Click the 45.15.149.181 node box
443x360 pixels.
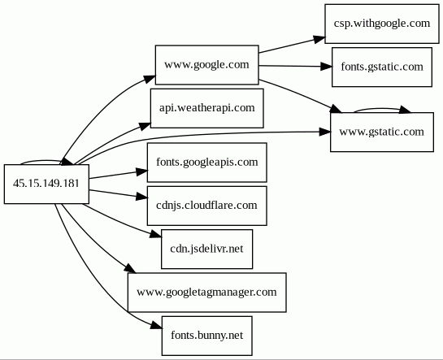(x=46, y=184)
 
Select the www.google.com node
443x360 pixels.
(x=206, y=65)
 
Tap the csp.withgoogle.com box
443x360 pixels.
(x=382, y=24)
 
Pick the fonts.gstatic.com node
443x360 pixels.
(x=382, y=67)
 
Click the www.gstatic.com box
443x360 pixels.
(x=382, y=132)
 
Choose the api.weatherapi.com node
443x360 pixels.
(x=206, y=108)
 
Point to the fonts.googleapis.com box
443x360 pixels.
(x=206, y=163)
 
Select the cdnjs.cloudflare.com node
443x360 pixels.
(x=206, y=206)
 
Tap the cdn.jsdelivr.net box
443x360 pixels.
(x=206, y=249)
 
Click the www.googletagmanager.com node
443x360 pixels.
(x=206, y=293)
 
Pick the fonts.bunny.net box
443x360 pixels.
(x=206, y=336)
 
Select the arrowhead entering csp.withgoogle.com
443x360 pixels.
(x=319, y=40)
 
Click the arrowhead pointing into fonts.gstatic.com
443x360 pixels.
(x=326, y=67)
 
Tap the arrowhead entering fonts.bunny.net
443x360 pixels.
(x=156, y=326)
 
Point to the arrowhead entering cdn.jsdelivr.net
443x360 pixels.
(x=156, y=234)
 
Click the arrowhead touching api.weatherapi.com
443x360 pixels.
(x=145, y=126)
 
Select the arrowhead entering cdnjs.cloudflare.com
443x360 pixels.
(x=141, y=197)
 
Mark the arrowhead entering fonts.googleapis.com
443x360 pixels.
(x=141, y=171)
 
